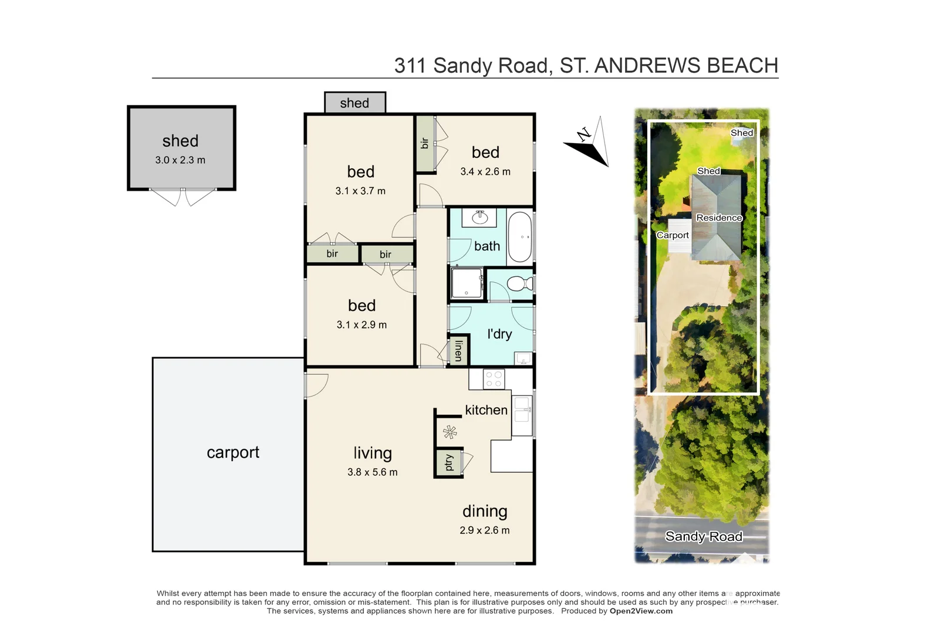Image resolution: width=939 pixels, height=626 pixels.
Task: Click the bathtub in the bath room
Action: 519,236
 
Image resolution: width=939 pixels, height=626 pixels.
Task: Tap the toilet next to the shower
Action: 518,284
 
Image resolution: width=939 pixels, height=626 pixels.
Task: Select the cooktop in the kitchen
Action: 494,379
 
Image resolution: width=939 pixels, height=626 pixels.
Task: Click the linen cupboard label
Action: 458,350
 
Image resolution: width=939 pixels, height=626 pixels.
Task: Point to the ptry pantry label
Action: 449,463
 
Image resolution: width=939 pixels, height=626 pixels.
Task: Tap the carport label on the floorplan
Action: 232,452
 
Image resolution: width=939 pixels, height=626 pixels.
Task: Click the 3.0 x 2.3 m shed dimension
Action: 180,160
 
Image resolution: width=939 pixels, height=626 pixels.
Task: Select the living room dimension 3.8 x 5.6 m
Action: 372,472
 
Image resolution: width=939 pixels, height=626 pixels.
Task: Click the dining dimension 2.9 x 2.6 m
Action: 484,530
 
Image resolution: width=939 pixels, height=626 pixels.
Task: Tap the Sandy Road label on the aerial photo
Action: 703,536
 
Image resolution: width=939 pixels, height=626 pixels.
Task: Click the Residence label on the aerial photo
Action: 719,218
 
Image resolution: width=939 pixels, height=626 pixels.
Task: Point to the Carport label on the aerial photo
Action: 673,235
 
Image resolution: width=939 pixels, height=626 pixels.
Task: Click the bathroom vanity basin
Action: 480,218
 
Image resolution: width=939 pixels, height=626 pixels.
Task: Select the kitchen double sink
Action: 522,410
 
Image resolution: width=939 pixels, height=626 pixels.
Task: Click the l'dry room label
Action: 499,334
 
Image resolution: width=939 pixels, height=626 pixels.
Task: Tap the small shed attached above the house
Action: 354,103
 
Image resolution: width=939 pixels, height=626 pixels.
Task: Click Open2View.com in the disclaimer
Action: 641,611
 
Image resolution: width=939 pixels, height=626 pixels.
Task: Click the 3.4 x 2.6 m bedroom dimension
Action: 485,172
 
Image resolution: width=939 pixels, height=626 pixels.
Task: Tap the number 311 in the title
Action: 410,66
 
